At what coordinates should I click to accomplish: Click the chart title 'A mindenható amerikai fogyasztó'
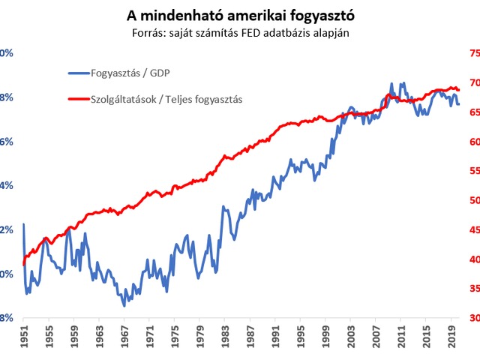pyautogui.click(x=239, y=15)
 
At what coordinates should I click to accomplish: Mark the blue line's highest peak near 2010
pyautogui.click(x=392, y=83)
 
